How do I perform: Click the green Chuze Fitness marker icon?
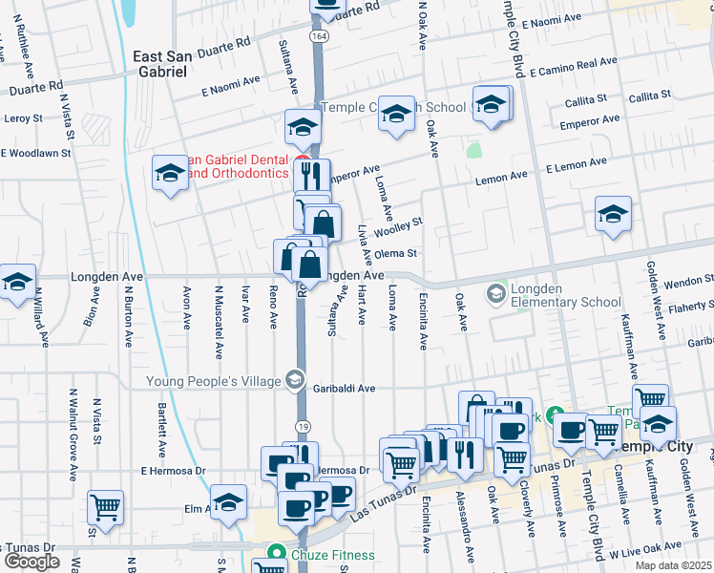(277, 552)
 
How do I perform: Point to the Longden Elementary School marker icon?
(495, 292)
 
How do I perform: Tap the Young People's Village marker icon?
(295, 381)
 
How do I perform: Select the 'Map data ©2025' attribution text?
(673, 565)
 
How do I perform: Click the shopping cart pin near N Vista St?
(105, 506)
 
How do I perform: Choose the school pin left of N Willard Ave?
(16, 282)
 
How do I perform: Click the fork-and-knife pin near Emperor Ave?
(310, 175)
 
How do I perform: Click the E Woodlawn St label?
(36, 153)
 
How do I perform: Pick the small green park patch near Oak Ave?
(474, 150)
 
